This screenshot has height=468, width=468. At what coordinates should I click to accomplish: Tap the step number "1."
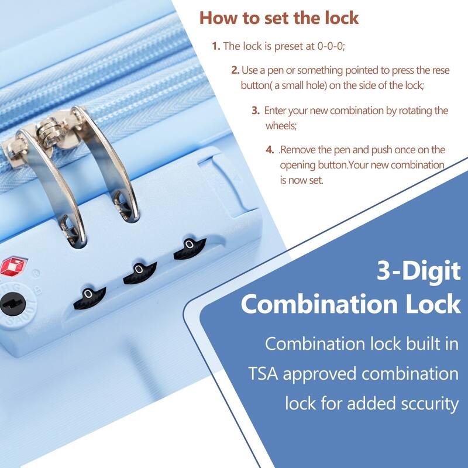tap(216, 46)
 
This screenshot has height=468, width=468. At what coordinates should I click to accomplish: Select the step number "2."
tap(235, 70)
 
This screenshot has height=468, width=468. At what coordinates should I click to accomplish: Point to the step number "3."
tap(256, 110)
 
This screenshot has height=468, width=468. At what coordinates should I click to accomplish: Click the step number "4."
tap(270, 150)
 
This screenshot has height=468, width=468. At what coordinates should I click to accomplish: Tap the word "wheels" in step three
tap(281, 125)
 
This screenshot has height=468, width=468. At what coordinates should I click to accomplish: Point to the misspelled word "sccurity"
tap(422, 403)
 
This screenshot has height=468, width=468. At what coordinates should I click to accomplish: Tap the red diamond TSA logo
tap(10, 267)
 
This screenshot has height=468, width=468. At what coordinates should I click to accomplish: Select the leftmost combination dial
tap(88, 297)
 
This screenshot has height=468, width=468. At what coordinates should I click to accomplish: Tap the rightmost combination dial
tap(188, 248)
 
